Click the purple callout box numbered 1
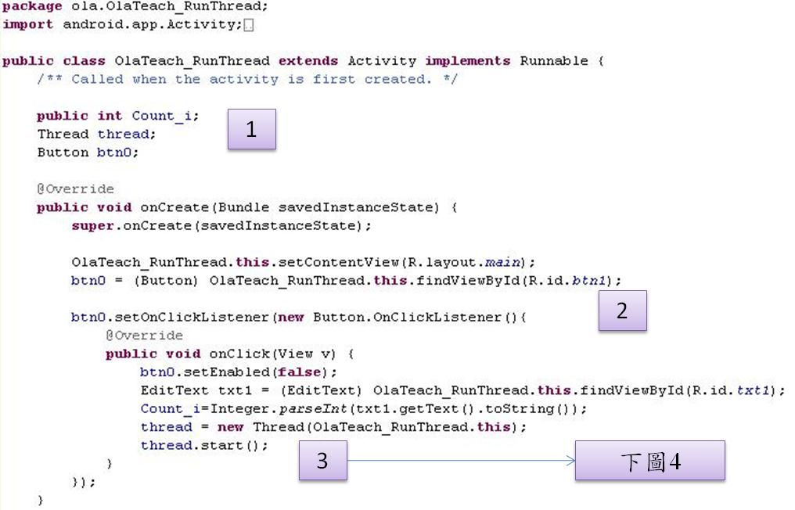click(251, 129)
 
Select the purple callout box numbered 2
click(622, 311)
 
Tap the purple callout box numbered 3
click(323, 460)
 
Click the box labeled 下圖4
click(650, 460)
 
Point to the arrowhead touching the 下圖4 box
click(571, 460)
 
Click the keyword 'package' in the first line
click(32, 7)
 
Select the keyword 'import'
click(28, 24)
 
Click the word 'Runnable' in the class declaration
click(554, 61)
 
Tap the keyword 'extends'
click(308, 61)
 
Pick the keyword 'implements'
click(467, 61)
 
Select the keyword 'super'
click(93, 226)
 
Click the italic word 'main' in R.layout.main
click(502, 262)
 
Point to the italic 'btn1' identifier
click(588, 280)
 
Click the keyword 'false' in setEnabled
click(299, 372)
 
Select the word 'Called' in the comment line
click(97, 79)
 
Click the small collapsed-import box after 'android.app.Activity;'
click(249, 25)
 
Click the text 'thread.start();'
click(204, 445)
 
